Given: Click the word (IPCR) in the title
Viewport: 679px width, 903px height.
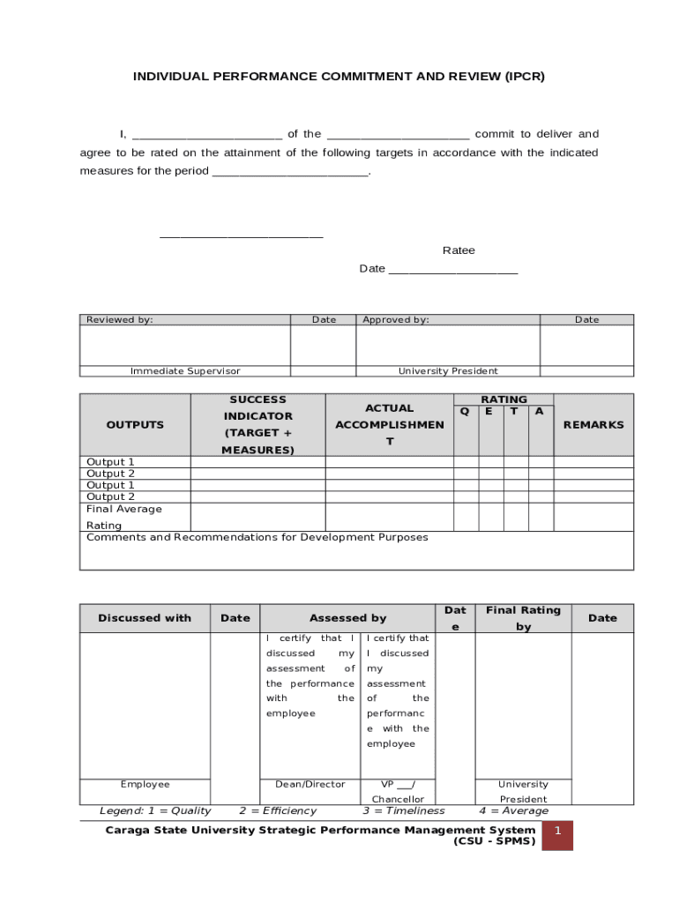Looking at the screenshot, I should [525, 77].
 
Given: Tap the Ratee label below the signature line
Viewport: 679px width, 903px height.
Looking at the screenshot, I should [459, 250].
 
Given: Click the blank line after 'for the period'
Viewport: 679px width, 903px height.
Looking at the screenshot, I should [289, 172].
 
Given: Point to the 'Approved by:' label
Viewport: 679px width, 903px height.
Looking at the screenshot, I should [396, 320].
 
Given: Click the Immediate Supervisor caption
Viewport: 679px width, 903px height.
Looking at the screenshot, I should [185, 371].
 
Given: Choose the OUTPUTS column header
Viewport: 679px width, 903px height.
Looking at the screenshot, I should [135, 425].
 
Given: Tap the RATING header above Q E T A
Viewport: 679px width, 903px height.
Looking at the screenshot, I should [504, 399].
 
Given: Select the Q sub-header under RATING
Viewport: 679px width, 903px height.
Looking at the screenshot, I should [466, 412].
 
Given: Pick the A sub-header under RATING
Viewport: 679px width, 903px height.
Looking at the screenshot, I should [540, 412].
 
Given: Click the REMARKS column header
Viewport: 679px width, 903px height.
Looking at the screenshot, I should [593, 425].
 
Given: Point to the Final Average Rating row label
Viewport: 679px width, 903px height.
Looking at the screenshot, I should [124, 517].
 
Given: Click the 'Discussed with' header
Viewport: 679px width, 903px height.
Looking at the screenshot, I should [145, 618].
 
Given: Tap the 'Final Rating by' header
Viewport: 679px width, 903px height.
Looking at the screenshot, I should [523, 618].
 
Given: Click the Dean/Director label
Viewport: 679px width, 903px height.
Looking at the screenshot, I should [310, 784].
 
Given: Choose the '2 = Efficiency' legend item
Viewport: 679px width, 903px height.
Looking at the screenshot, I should [278, 811].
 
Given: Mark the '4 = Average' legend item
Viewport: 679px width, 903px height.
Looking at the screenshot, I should [513, 811].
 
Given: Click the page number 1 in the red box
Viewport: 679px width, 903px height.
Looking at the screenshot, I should [557, 832].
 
